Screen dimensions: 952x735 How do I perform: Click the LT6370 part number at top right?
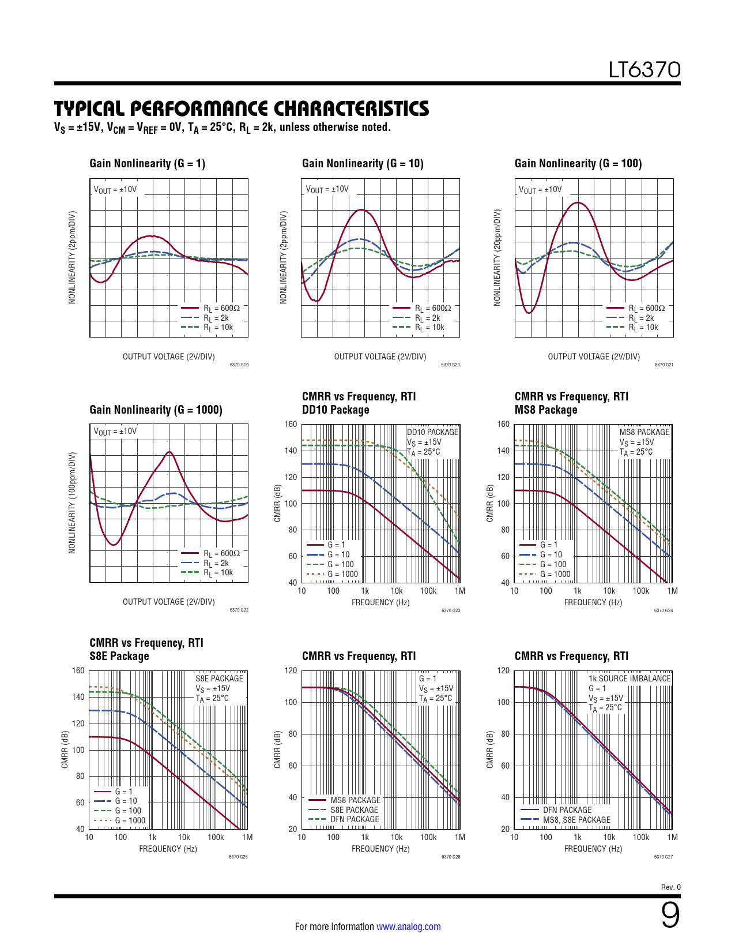pyautogui.click(x=644, y=70)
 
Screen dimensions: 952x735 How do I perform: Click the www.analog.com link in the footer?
pyautogui.click(x=408, y=927)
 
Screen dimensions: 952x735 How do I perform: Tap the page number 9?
pyautogui.click(x=670, y=915)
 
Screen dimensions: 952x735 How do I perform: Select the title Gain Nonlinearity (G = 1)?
pyautogui.click(x=147, y=163)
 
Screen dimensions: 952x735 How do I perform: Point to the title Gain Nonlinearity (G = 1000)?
pyautogui.click(x=156, y=410)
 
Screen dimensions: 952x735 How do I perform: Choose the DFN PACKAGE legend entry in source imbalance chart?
pyautogui.click(x=567, y=810)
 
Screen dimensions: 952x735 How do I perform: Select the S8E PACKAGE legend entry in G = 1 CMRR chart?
pyautogui.click(x=354, y=810)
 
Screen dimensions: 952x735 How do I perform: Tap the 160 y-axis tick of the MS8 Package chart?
pyautogui.click(x=503, y=424)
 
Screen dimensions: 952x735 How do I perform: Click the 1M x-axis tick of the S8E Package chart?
pyautogui.click(x=247, y=837)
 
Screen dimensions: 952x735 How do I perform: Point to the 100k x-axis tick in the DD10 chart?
pyautogui.click(x=428, y=591)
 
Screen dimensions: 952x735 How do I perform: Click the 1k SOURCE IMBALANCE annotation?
pyautogui.click(x=630, y=679)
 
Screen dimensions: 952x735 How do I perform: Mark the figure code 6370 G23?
pyautogui.click(x=451, y=610)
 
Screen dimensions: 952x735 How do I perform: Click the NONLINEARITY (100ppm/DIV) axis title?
pyautogui.click(x=72, y=503)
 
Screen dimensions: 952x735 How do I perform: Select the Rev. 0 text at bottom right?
pyautogui.click(x=670, y=887)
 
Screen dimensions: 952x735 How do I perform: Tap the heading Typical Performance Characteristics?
pyautogui.click(x=242, y=108)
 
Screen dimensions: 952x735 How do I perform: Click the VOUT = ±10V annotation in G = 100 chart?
pyautogui.click(x=540, y=189)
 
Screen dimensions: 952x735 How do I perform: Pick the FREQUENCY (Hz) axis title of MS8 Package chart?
pyautogui.click(x=593, y=602)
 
